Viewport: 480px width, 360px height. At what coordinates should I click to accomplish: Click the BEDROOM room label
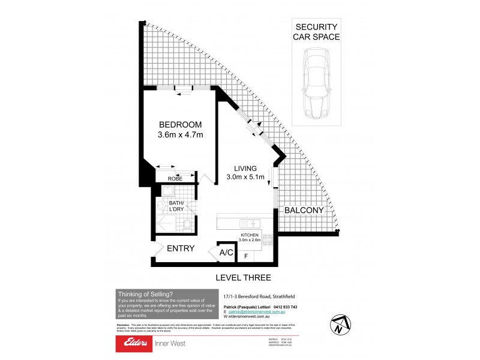(x=180, y=124)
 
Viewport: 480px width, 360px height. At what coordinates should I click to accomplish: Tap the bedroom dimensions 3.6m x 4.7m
(x=180, y=135)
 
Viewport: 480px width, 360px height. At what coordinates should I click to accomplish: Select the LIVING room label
(x=246, y=168)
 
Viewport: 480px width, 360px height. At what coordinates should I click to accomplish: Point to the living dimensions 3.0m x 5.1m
(x=246, y=177)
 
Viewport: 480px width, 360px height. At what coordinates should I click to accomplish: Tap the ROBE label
(x=175, y=179)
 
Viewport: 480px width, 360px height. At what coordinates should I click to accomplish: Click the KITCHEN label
(x=250, y=234)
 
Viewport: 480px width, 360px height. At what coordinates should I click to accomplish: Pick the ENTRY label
(x=179, y=248)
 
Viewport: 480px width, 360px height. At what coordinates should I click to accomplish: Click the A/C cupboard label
(x=227, y=253)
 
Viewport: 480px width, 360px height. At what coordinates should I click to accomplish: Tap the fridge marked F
(x=245, y=256)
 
